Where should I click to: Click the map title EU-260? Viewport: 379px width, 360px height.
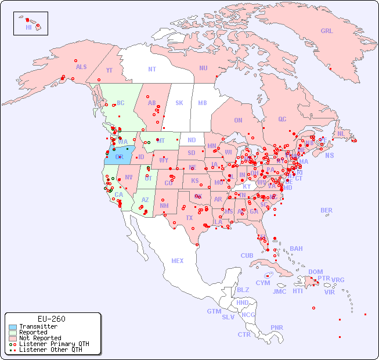pyautogui.click(x=51, y=319)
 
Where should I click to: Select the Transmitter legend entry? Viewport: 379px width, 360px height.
pyautogui.click(x=38, y=326)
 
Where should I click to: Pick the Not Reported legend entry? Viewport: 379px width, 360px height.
pyautogui.click(x=39, y=338)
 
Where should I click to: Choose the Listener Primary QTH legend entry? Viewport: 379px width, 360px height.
pyautogui.click(x=53, y=344)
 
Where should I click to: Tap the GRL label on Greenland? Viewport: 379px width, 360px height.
pyautogui.click(x=327, y=31)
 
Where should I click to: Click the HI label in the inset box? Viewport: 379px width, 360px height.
pyautogui.click(x=28, y=27)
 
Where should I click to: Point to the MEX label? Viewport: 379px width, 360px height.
pyautogui.click(x=178, y=261)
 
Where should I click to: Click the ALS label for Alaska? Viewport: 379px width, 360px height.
pyautogui.click(x=81, y=67)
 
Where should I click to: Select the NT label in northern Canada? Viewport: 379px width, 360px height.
pyautogui.click(x=151, y=69)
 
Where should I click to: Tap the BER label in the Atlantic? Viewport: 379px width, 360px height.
pyautogui.click(x=326, y=210)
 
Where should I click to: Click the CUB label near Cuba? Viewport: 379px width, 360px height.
pyautogui.click(x=247, y=255)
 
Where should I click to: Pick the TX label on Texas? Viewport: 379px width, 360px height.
pyautogui.click(x=189, y=218)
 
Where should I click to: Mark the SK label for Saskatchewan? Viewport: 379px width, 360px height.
pyautogui.click(x=179, y=103)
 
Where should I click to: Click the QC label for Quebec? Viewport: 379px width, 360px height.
pyautogui.click(x=282, y=119)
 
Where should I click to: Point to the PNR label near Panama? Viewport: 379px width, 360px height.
pyautogui.click(x=277, y=327)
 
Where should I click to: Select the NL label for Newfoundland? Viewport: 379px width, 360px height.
pyautogui.click(x=341, y=133)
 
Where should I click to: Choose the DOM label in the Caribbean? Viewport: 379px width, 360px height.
pyautogui.click(x=315, y=272)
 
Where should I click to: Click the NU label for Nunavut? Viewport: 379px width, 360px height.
pyautogui.click(x=203, y=68)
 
